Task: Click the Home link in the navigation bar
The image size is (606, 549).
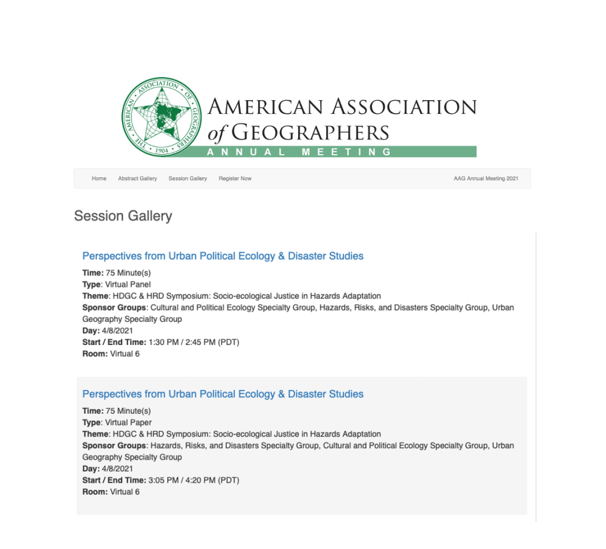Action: coord(99,178)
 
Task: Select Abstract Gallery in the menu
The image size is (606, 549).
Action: coord(137,178)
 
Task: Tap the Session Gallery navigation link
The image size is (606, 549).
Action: coord(188,178)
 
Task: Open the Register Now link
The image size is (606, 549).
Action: coord(235,178)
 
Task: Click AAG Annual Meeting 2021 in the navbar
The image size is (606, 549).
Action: coord(486,178)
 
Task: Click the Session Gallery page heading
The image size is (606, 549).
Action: coord(123,216)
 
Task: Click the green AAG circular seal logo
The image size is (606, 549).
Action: coord(158,117)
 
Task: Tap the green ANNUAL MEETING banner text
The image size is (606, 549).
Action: coord(299,152)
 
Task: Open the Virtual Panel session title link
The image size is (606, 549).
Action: coord(223,256)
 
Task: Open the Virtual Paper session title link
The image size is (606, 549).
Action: coord(223,394)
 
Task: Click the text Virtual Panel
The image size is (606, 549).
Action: coord(128,285)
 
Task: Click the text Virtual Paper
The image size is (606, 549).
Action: coord(129,423)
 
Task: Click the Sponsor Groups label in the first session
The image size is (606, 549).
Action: coord(114,308)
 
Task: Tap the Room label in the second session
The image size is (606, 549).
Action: coord(95,491)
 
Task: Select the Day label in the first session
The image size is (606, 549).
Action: coord(91,331)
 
